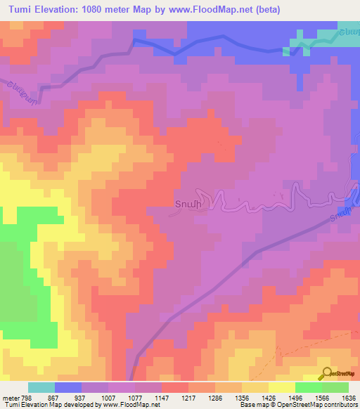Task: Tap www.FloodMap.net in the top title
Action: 226,10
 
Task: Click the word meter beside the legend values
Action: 11,397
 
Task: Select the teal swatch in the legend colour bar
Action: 41,387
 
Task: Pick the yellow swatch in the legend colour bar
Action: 282,387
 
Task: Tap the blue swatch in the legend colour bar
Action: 68,387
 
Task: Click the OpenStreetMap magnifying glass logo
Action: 327,374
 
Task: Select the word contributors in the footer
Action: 338,405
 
